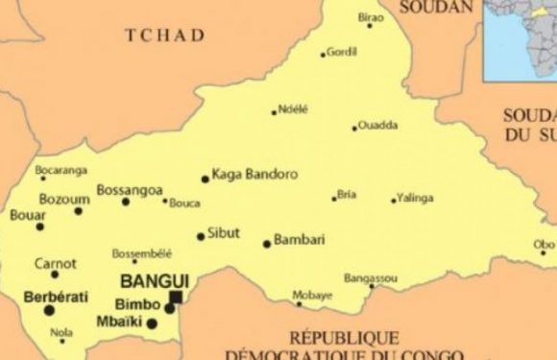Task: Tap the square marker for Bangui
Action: [176, 298]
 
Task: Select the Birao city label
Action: [370, 17]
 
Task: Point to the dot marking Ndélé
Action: [274, 112]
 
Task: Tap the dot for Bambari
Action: [267, 244]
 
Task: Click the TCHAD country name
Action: [165, 36]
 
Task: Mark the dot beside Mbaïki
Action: [152, 324]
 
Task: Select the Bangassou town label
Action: [370, 277]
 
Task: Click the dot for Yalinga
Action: [394, 201]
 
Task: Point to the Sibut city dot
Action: [201, 236]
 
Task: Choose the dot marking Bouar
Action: [40, 227]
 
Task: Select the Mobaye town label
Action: [311, 293]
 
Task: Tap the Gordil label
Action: [341, 52]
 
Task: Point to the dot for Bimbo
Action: [169, 308]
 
